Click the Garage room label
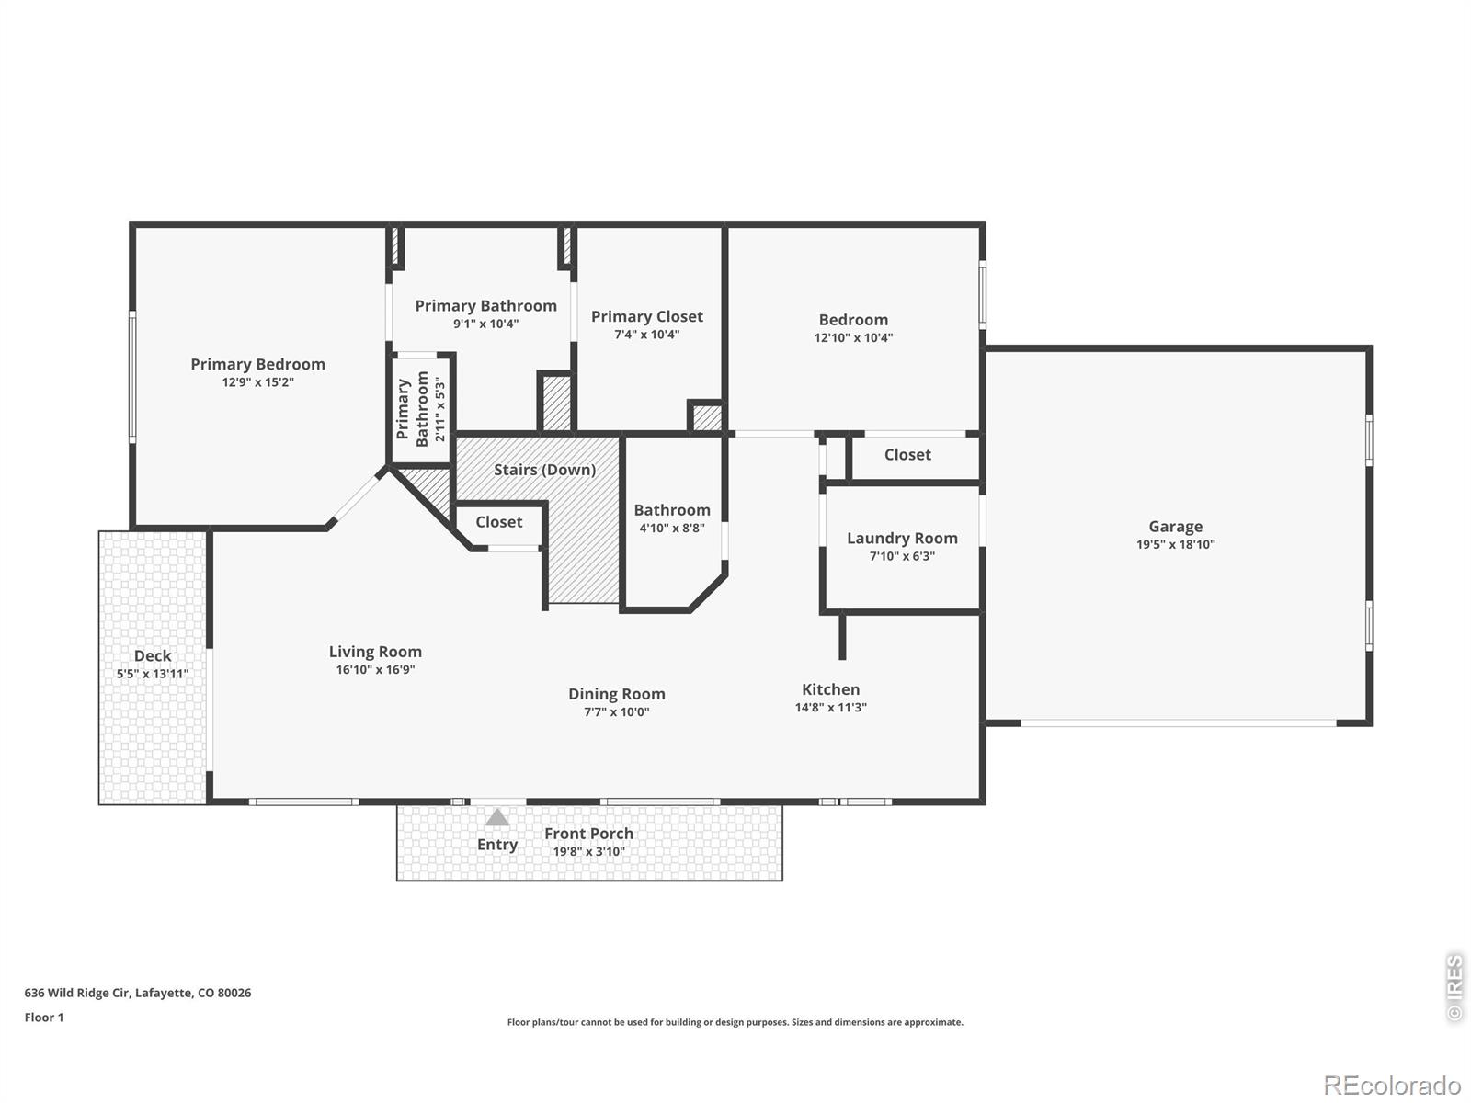click(x=1175, y=527)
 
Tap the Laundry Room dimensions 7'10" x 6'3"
click(x=902, y=556)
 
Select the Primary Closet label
click(x=646, y=316)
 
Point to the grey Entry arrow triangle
click(x=496, y=817)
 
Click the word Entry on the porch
click(x=496, y=845)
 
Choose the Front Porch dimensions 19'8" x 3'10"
click(x=588, y=851)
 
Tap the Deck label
click(x=152, y=655)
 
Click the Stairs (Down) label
click(x=544, y=470)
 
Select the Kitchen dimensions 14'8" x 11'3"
click(x=830, y=707)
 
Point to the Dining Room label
click(x=617, y=694)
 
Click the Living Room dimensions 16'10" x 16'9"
click(x=375, y=669)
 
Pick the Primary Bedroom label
click(x=258, y=364)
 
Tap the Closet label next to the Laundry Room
click(x=907, y=455)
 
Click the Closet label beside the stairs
click(x=498, y=522)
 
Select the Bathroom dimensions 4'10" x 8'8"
click(x=671, y=528)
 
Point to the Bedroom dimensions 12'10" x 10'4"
click(x=853, y=337)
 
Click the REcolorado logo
click(x=1392, y=1085)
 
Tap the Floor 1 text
click(x=43, y=1018)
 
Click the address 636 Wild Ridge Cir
click(x=76, y=993)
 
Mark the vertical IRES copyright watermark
click(x=1454, y=988)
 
